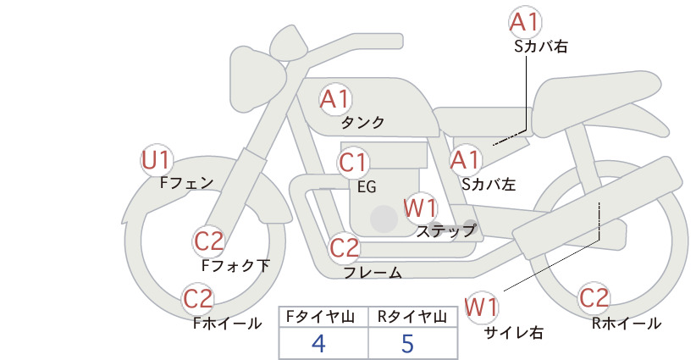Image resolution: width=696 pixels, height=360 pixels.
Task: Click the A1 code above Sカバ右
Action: tap(525, 22)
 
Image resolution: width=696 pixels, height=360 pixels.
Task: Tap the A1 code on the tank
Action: tap(334, 99)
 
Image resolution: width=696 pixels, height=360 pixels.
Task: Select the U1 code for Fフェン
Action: tap(157, 161)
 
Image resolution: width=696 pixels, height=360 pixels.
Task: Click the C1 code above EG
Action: tap(353, 163)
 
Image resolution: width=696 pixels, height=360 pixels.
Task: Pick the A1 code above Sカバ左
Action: tap(466, 160)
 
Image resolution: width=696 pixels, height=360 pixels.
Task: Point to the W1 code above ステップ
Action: tap(420, 208)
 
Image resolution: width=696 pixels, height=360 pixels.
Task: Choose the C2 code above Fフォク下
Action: tap(209, 242)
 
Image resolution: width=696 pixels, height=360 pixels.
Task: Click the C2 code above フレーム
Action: tap(345, 247)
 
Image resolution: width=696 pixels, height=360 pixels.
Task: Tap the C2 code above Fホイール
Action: tap(198, 299)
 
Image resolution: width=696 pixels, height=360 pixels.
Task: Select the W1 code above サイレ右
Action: tap(482, 307)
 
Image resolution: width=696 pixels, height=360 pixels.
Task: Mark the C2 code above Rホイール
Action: tap(594, 298)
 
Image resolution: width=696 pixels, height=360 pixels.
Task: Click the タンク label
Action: tap(362, 123)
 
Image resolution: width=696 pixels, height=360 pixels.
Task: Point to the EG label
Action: tap(367, 187)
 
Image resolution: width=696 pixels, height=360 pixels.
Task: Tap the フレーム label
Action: tap(373, 273)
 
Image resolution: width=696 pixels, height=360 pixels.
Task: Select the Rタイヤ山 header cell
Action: tap(413, 317)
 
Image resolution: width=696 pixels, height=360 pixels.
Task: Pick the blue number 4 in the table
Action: tap(318, 343)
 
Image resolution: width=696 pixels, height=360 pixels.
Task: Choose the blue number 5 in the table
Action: tap(407, 343)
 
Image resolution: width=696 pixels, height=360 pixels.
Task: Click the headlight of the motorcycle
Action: tap(257, 82)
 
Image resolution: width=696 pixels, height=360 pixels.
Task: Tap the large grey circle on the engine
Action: tap(384, 219)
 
